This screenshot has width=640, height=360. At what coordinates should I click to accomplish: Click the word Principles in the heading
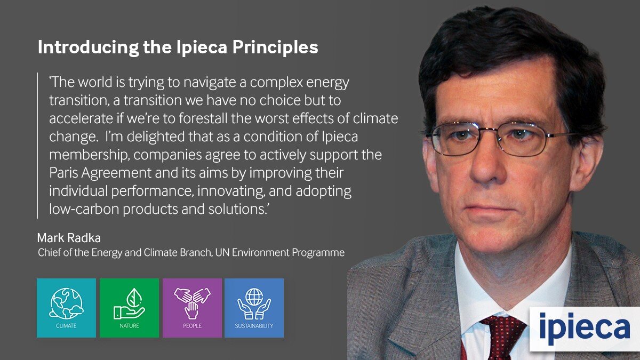[275, 47]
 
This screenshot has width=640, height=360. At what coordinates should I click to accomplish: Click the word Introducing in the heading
[89, 47]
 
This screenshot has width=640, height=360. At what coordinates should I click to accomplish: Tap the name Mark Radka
[69, 238]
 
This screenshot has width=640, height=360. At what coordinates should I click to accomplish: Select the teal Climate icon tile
[66, 308]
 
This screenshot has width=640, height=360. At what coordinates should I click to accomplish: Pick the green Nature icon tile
[129, 308]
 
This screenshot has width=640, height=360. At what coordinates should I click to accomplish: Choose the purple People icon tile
[192, 308]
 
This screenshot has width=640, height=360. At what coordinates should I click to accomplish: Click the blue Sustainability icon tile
[254, 308]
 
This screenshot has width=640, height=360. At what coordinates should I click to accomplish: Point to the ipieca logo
[585, 329]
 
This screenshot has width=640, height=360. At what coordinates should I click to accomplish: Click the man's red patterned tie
[503, 337]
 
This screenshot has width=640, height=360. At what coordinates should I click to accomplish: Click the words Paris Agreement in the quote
[100, 173]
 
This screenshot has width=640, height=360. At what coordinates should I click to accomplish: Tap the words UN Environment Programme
[279, 253]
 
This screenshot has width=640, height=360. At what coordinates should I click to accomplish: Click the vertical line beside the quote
[37, 146]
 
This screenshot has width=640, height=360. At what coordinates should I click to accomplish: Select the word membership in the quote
[88, 155]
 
